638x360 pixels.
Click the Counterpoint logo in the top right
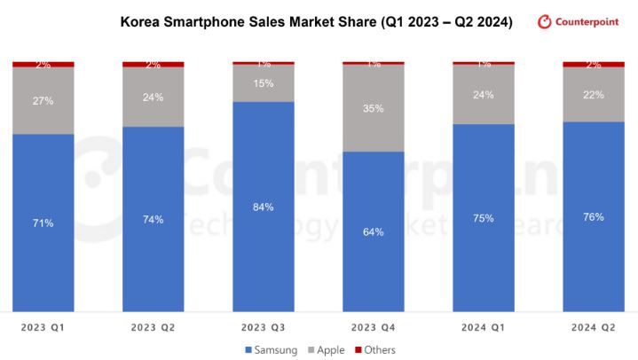(578, 21)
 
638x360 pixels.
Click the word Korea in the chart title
(139, 22)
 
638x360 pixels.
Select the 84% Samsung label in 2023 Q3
(263, 207)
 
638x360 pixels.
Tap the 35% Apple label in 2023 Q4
(374, 109)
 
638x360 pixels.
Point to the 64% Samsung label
(374, 232)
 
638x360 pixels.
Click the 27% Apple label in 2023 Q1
(43, 101)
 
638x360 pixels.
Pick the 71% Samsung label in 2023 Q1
(43, 223)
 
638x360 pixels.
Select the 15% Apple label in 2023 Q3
(263, 83)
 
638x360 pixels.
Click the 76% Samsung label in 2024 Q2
(594, 217)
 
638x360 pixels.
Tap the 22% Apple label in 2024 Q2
(594, 95)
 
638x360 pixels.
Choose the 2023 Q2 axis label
(153, 328)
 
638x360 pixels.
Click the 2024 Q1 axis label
(484, 328)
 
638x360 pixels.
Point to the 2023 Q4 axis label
(374, 328)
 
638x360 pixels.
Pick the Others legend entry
(375, 350)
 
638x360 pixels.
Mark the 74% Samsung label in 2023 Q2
(153, 219)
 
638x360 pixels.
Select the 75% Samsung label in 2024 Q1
(484, 218)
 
